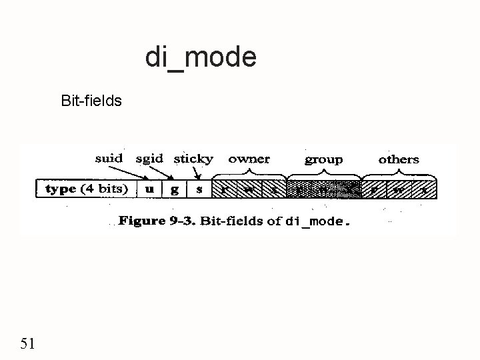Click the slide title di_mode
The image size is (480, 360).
coord(201,57)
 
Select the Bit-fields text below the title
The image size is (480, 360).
coord(91,102)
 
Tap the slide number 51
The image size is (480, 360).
coord(28,344)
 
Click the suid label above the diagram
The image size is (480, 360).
coord(109,159)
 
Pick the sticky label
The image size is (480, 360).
coord(193,159)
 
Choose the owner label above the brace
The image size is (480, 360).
coord(249,159)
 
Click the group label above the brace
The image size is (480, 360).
coord(324,159)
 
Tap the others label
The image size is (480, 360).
coord(399,159)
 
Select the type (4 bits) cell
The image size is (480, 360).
coord(87,189)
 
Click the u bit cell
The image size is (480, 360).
coord(149,189)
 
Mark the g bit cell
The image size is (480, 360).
coord(175,189)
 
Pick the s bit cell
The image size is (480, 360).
coord(199,189)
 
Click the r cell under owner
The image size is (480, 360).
coord(225,189)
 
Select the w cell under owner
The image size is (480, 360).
coord(249,189)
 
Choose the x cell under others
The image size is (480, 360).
coord(424,189)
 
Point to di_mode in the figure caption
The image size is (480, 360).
coord(313,221)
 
